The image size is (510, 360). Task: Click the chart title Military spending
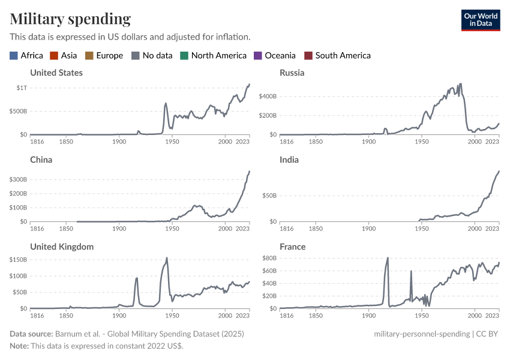pos(70,19)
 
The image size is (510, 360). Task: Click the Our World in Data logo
pos(480,20)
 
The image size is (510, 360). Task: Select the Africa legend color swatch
pos(14,55)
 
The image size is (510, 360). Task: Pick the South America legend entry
pos(343,55)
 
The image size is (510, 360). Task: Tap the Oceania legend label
pos(280,55)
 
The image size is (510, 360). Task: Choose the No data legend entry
pos(157,55)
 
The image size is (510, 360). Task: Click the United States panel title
pos(56,73)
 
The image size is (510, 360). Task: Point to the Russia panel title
pos(292,73)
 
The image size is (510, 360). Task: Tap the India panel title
pos(289,160)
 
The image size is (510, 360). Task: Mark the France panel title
pos(292,247)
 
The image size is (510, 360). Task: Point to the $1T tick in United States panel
pos(21,88)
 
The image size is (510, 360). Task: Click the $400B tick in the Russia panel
pos(268,96)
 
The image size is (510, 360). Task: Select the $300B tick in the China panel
pos(18,179)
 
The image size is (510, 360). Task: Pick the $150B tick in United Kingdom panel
pos(18,260)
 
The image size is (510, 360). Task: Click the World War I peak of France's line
pos(388,258)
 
